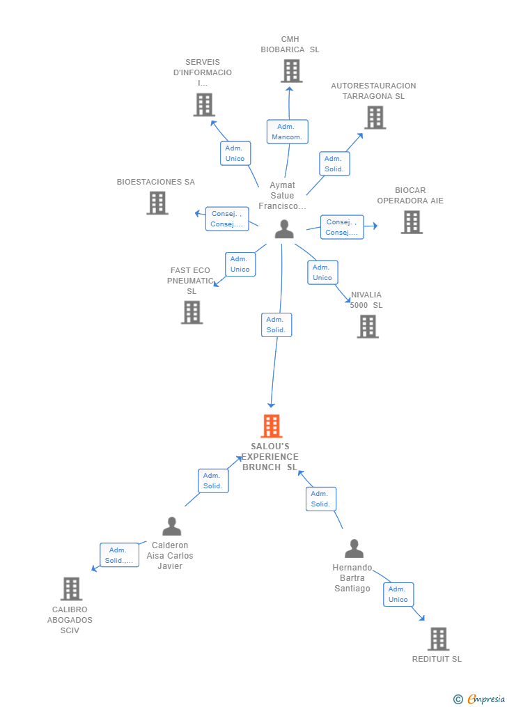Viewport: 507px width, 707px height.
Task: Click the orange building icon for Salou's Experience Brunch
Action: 272,426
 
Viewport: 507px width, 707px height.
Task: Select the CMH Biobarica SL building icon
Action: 292,71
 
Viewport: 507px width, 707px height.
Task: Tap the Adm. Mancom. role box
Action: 287,132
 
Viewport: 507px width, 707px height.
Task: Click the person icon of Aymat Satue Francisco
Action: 284,229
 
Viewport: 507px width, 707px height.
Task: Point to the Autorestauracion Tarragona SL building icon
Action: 375,118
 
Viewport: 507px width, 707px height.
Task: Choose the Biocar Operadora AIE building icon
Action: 412,222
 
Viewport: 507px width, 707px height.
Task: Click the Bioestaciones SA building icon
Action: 157,203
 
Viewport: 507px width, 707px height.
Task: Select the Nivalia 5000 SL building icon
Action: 368,327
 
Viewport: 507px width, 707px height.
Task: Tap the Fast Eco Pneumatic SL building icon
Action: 192,313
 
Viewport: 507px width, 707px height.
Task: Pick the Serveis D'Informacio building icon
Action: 204,104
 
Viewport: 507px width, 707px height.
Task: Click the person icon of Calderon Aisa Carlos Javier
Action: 172,526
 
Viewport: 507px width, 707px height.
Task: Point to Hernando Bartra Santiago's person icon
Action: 354,549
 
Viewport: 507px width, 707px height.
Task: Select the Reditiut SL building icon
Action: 439,639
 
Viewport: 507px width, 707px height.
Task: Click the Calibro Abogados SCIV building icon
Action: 72,589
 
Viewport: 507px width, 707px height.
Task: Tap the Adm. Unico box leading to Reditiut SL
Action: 398,594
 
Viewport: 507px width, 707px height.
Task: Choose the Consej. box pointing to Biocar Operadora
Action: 342,227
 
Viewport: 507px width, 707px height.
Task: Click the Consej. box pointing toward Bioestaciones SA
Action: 227,219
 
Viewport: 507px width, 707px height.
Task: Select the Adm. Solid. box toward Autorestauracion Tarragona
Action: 334,164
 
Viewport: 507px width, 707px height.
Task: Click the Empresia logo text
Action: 486,699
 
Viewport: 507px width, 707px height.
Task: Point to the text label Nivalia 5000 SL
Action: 366,300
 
